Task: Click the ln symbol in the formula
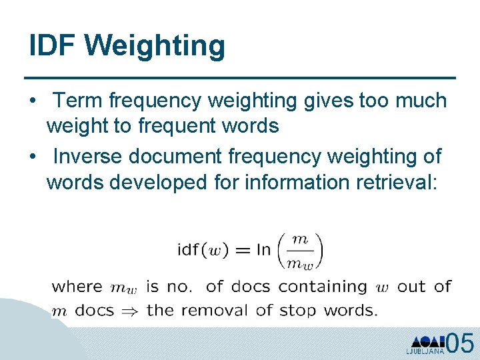coord(264,251)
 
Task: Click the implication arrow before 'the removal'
coord(125,310)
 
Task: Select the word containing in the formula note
coord(323,287)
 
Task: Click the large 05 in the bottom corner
coord(461,343)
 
